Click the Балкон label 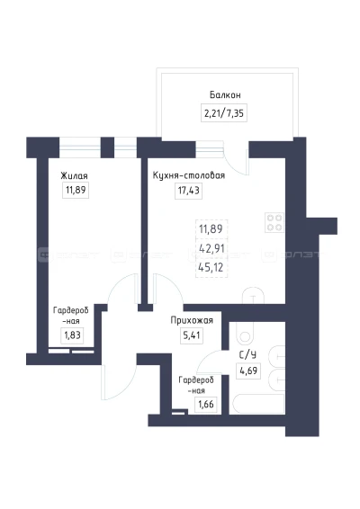[225, 95]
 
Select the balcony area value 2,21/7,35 [224, 113]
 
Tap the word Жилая [74, 176]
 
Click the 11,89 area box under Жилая [76, 190]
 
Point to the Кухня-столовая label [189, 175]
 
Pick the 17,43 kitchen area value [188, 191]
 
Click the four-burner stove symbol [274, 222]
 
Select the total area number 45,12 [211, 267]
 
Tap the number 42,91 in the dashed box [211, 248]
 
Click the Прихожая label [192, 320]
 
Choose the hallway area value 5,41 [192, 335]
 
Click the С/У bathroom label [247, 355]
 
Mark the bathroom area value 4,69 [248, 371]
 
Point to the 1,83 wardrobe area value [72, 335]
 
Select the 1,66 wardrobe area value [206, 405]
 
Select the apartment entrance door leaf [103, 381]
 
